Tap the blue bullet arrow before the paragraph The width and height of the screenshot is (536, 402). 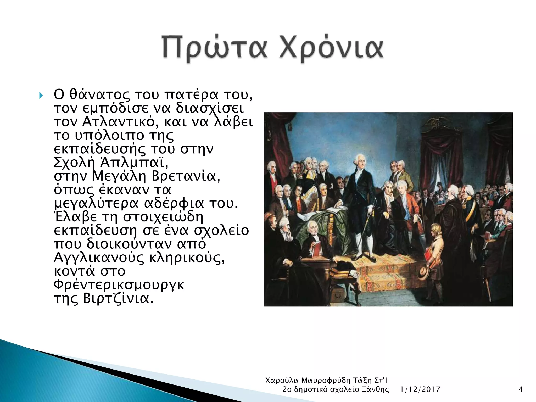pos(41,96)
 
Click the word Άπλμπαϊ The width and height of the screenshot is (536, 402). pos(134,163)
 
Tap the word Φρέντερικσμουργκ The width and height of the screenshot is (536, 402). pos(119,285)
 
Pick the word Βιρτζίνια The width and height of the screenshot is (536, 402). pos(118,298)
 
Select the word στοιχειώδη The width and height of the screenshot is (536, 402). pos(163,217)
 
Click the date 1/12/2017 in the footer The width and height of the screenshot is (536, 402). pos(420,390)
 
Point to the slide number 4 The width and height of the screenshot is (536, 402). pos(521,390)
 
